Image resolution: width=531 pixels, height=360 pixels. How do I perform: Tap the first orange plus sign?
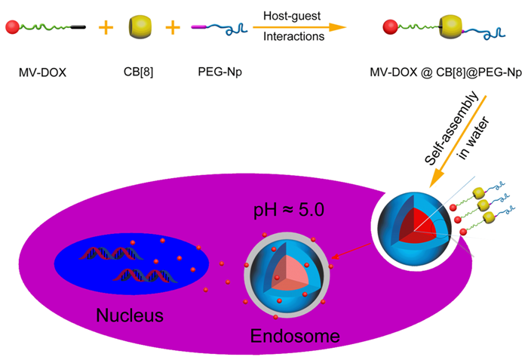[106, 28]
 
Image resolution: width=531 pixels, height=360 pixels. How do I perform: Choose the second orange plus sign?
[173, 28]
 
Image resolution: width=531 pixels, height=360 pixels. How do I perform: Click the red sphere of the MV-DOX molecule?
[13, 27]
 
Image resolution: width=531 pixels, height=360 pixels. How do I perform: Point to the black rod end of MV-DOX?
[78, 28]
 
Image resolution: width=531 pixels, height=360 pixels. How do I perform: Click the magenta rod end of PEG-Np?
[199, 27]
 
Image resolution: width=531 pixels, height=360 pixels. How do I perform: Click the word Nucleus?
[129, 313]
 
